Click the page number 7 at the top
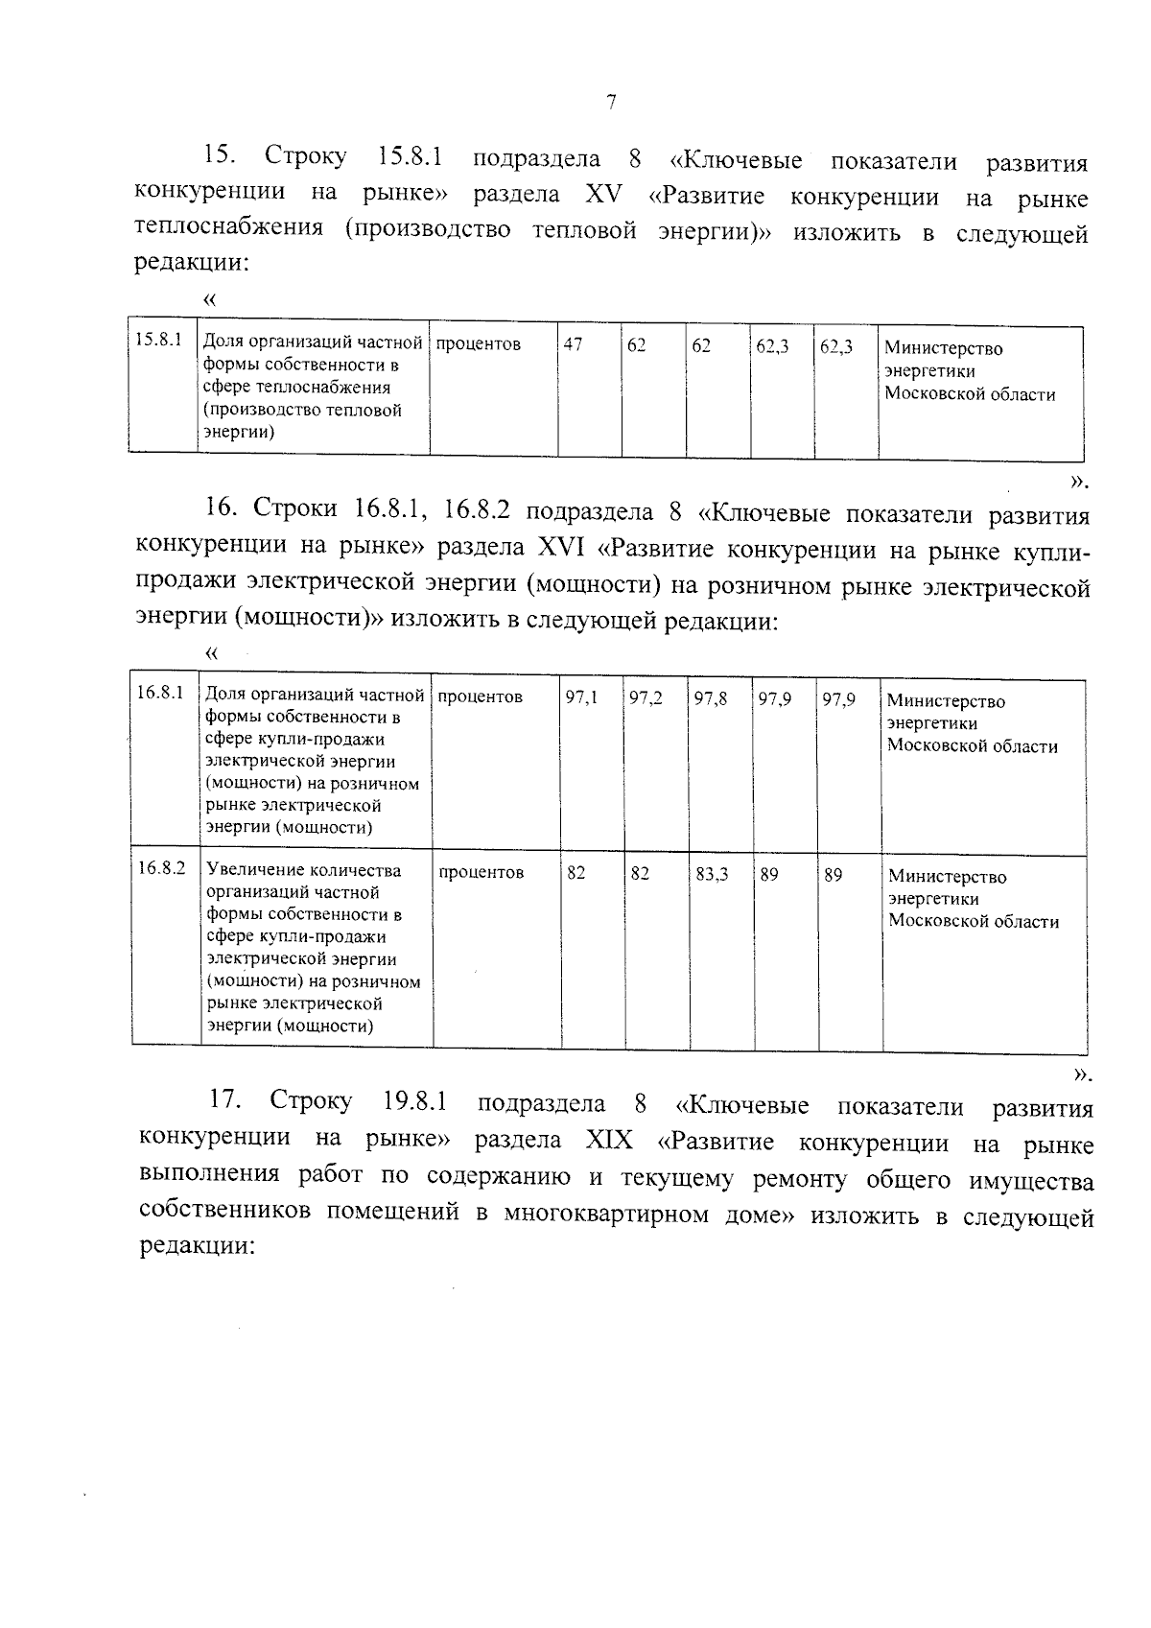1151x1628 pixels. pos(611,104)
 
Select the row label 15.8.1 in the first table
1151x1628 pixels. pos(158,340)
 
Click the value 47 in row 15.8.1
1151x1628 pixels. pos(573,344)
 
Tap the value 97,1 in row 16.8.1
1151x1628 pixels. pos(581,698)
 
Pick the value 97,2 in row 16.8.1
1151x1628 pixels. pos(646,698)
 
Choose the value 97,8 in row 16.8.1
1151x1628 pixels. pos(711,698)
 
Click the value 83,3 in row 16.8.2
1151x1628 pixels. pos(712,874)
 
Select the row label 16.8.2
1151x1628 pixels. pos(160,868)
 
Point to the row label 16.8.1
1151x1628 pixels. pos(160,693)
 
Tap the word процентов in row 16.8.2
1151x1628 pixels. pos(482,872)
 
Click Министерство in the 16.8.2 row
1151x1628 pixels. pos(947,876)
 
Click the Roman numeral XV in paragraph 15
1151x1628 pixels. pos(603,196)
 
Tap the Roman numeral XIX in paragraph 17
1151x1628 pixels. pos(609,1141)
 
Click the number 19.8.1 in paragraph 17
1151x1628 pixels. pos(414,1101)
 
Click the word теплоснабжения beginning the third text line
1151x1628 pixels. pos(228,231)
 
